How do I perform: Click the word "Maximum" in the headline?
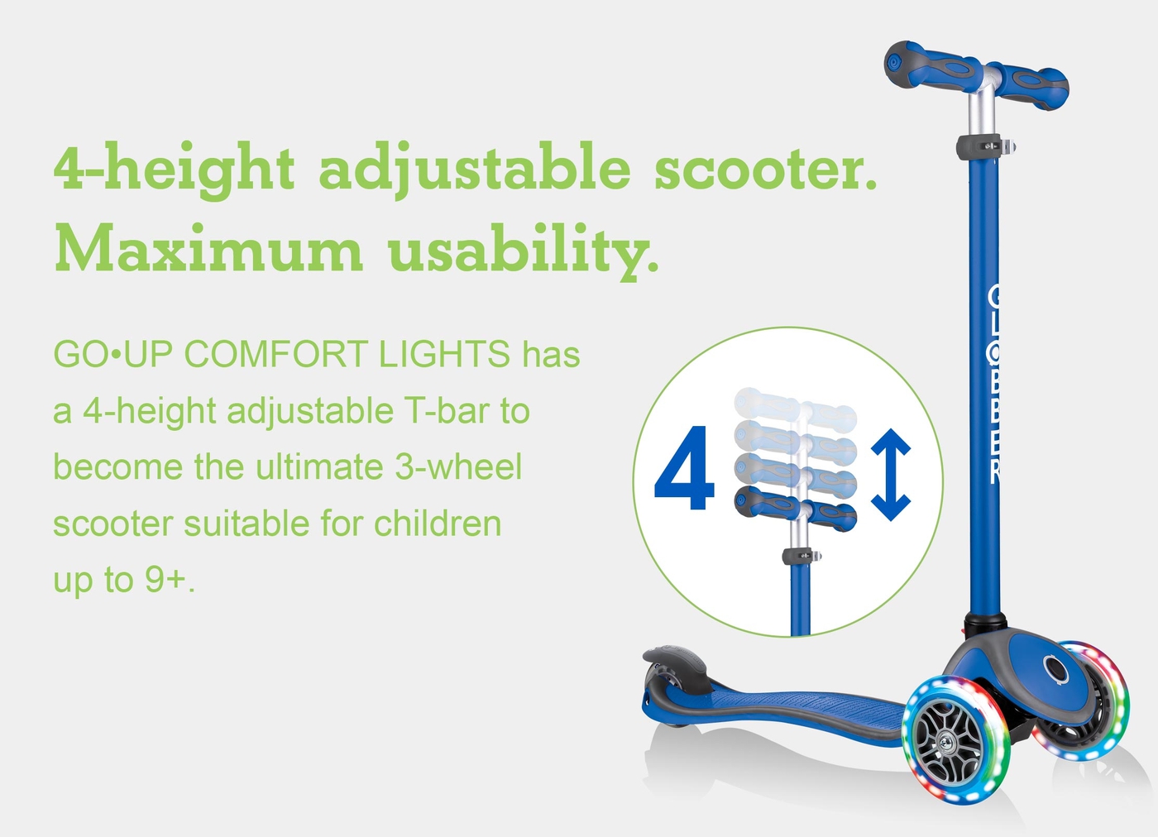tap(208, 247)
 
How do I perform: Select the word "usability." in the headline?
tap(524, 251)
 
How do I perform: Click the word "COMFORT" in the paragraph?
tap(275, 354)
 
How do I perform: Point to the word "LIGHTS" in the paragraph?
tap(445, 354)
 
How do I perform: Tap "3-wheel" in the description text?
tap(458, 466)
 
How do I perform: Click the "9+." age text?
tap(170, 580)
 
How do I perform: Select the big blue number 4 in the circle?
tap(684, 468)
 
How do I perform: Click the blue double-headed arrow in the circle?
tap(891, 474)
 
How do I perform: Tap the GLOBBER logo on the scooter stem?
tap(993, 385)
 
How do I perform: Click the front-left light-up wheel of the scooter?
tap(956, 740)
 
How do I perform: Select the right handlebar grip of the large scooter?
tap(1035, 85)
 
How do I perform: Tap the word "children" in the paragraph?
tap(438, 524)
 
